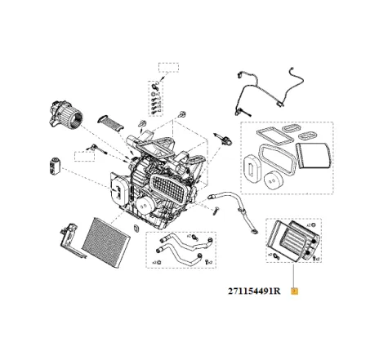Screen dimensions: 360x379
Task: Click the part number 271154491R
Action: (254, 290)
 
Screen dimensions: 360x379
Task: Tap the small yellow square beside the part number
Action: (295, 290)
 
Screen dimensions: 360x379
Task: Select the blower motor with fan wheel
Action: (65, 110)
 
